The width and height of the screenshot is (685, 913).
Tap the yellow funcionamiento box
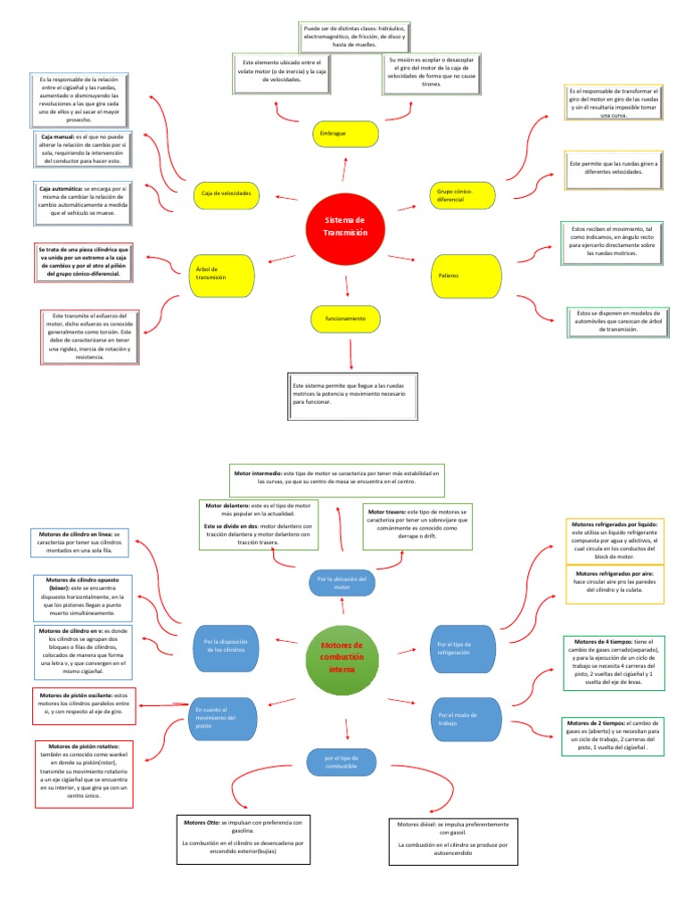pyautogui.click(x=346, y=317)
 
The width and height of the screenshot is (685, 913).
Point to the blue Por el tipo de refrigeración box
pyautogui.click(x=462, y=647)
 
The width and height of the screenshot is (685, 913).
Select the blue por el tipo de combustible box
pyautogui.click(x=344, y=761)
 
